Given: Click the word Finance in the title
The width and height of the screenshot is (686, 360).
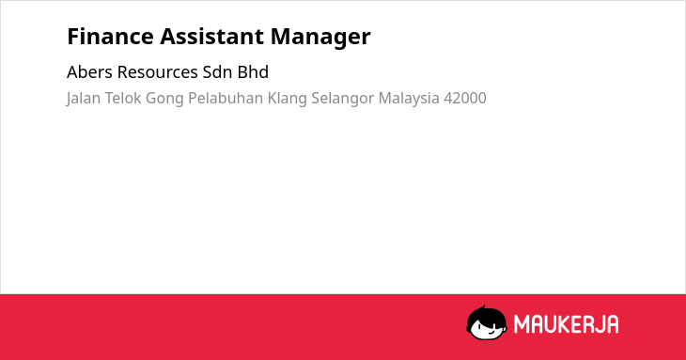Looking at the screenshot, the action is pyautogui.click(x=110, y=37).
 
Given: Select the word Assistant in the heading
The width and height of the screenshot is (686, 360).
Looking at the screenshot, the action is pyautogui.click(x=211, y=37).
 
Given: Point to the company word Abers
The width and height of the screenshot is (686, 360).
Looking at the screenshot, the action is pyautogui.click(x=89, y=72).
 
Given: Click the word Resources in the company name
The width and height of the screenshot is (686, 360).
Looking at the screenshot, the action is pyautogui.click(x=158, y=72).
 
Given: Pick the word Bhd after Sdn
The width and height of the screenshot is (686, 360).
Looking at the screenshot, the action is pyautogui.click(x=253, y=72).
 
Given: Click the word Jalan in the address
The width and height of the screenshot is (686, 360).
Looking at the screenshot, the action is pyautogui.click(x=83, y=99).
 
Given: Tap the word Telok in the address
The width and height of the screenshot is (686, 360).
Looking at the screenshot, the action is pyautogui.click(x=123, y=98).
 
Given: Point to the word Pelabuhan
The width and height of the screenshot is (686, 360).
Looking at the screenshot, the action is pyautogui.click(x=226, y=98).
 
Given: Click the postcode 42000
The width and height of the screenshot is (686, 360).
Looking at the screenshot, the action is pyautogui.click(x=465, y=98).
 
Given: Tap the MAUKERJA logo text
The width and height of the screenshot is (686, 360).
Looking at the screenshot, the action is pyautogui.click(x=566, y=324).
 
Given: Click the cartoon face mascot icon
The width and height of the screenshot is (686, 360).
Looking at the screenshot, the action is pyautogui.click(x=487, y=322).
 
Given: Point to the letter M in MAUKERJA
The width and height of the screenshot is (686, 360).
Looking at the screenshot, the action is pyautogui.click(x=521, y=324).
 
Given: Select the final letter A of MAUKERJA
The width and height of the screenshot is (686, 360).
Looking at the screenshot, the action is pyautogui.click(x=613, y=324).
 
